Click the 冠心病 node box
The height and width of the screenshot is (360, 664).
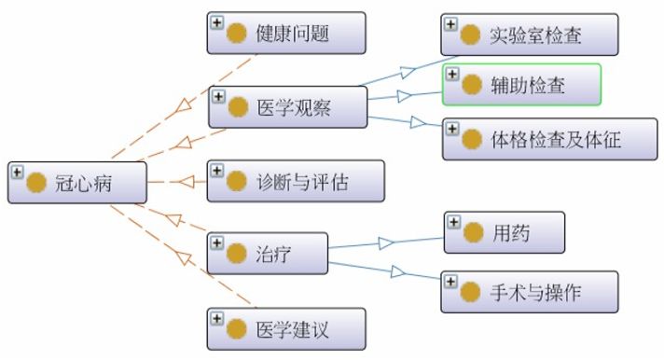coord(77,182)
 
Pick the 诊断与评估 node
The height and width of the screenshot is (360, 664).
coord(295,181)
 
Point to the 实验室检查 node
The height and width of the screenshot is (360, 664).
coord(530,35)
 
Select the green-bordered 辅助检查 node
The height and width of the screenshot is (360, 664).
coord(521,85)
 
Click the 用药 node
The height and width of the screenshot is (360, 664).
coord(505,232)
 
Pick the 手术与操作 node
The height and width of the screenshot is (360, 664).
coord(530,291)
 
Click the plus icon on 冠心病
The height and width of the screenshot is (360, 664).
coord(17,171)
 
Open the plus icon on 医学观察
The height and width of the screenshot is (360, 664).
coord(216,96)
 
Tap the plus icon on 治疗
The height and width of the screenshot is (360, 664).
coord(216,242)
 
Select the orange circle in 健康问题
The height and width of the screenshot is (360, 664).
coord(238,35)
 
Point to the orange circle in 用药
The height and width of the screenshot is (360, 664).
coord(473,233)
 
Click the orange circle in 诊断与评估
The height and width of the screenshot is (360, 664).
coord(238,182)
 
